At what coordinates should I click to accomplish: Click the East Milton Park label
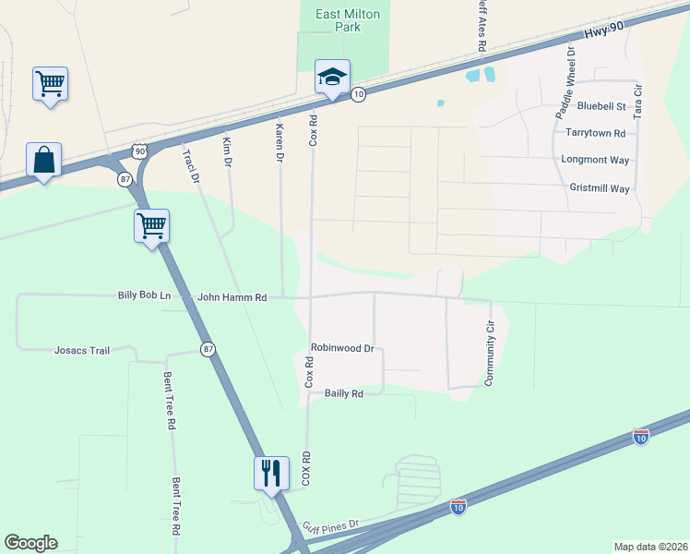click(x=348, y=20)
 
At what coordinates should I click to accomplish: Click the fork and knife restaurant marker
click(x=271, y=473)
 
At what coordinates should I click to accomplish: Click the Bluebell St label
click(x=601, y=107)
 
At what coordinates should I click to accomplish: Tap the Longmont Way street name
click(x=595, y=161)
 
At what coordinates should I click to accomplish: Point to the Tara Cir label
click(x=637, y=100)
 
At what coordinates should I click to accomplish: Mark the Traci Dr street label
click(x=191, y=166)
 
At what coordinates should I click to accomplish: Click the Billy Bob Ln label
click(x=144, y=295)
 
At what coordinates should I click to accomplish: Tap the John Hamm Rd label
click(x=232, y=297)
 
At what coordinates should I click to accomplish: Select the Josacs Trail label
click(x=82, y=351)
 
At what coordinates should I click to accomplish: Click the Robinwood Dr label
click(x=341, y=349)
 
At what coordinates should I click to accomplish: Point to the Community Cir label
click(x=491, y=352)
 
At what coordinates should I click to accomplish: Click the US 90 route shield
click(x=138, y=151)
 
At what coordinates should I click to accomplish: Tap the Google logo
click(x=30, y=543)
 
